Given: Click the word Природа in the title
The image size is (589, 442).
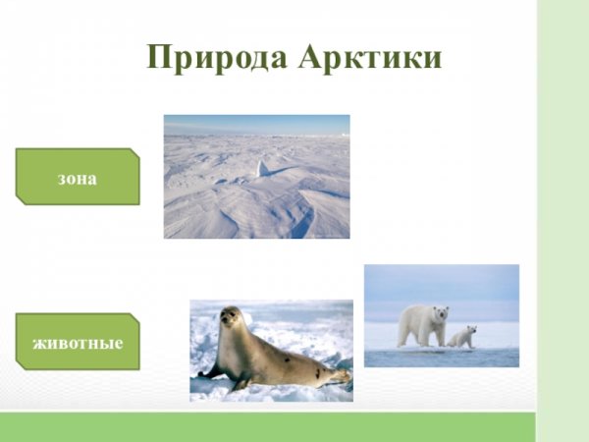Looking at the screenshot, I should [x=212, y=57].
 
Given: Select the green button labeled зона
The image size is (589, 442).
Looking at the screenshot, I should [x=78, y=177].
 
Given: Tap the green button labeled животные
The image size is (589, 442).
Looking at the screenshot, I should [x=78, y=342].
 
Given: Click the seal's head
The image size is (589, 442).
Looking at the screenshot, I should [x=231, y=320].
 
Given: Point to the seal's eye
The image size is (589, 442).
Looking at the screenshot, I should [x=234, y=316].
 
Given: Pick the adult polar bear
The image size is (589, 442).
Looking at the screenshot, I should [x=422, y=324].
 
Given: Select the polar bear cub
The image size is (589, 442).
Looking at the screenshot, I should [x=461, y=337].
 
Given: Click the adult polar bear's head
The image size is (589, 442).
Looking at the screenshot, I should [x=439, y=314].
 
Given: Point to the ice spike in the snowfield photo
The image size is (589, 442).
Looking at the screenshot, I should [x=262, y=168].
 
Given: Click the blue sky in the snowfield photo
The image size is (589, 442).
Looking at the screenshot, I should [x=256, y=124].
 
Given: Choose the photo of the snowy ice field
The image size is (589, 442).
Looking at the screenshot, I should [x=256, y=177].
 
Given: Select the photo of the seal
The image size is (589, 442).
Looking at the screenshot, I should [x=271, y=351].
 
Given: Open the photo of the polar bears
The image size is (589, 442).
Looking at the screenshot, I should [x=441, y=315].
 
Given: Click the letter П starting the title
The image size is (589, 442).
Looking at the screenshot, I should [x=158, y=57].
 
